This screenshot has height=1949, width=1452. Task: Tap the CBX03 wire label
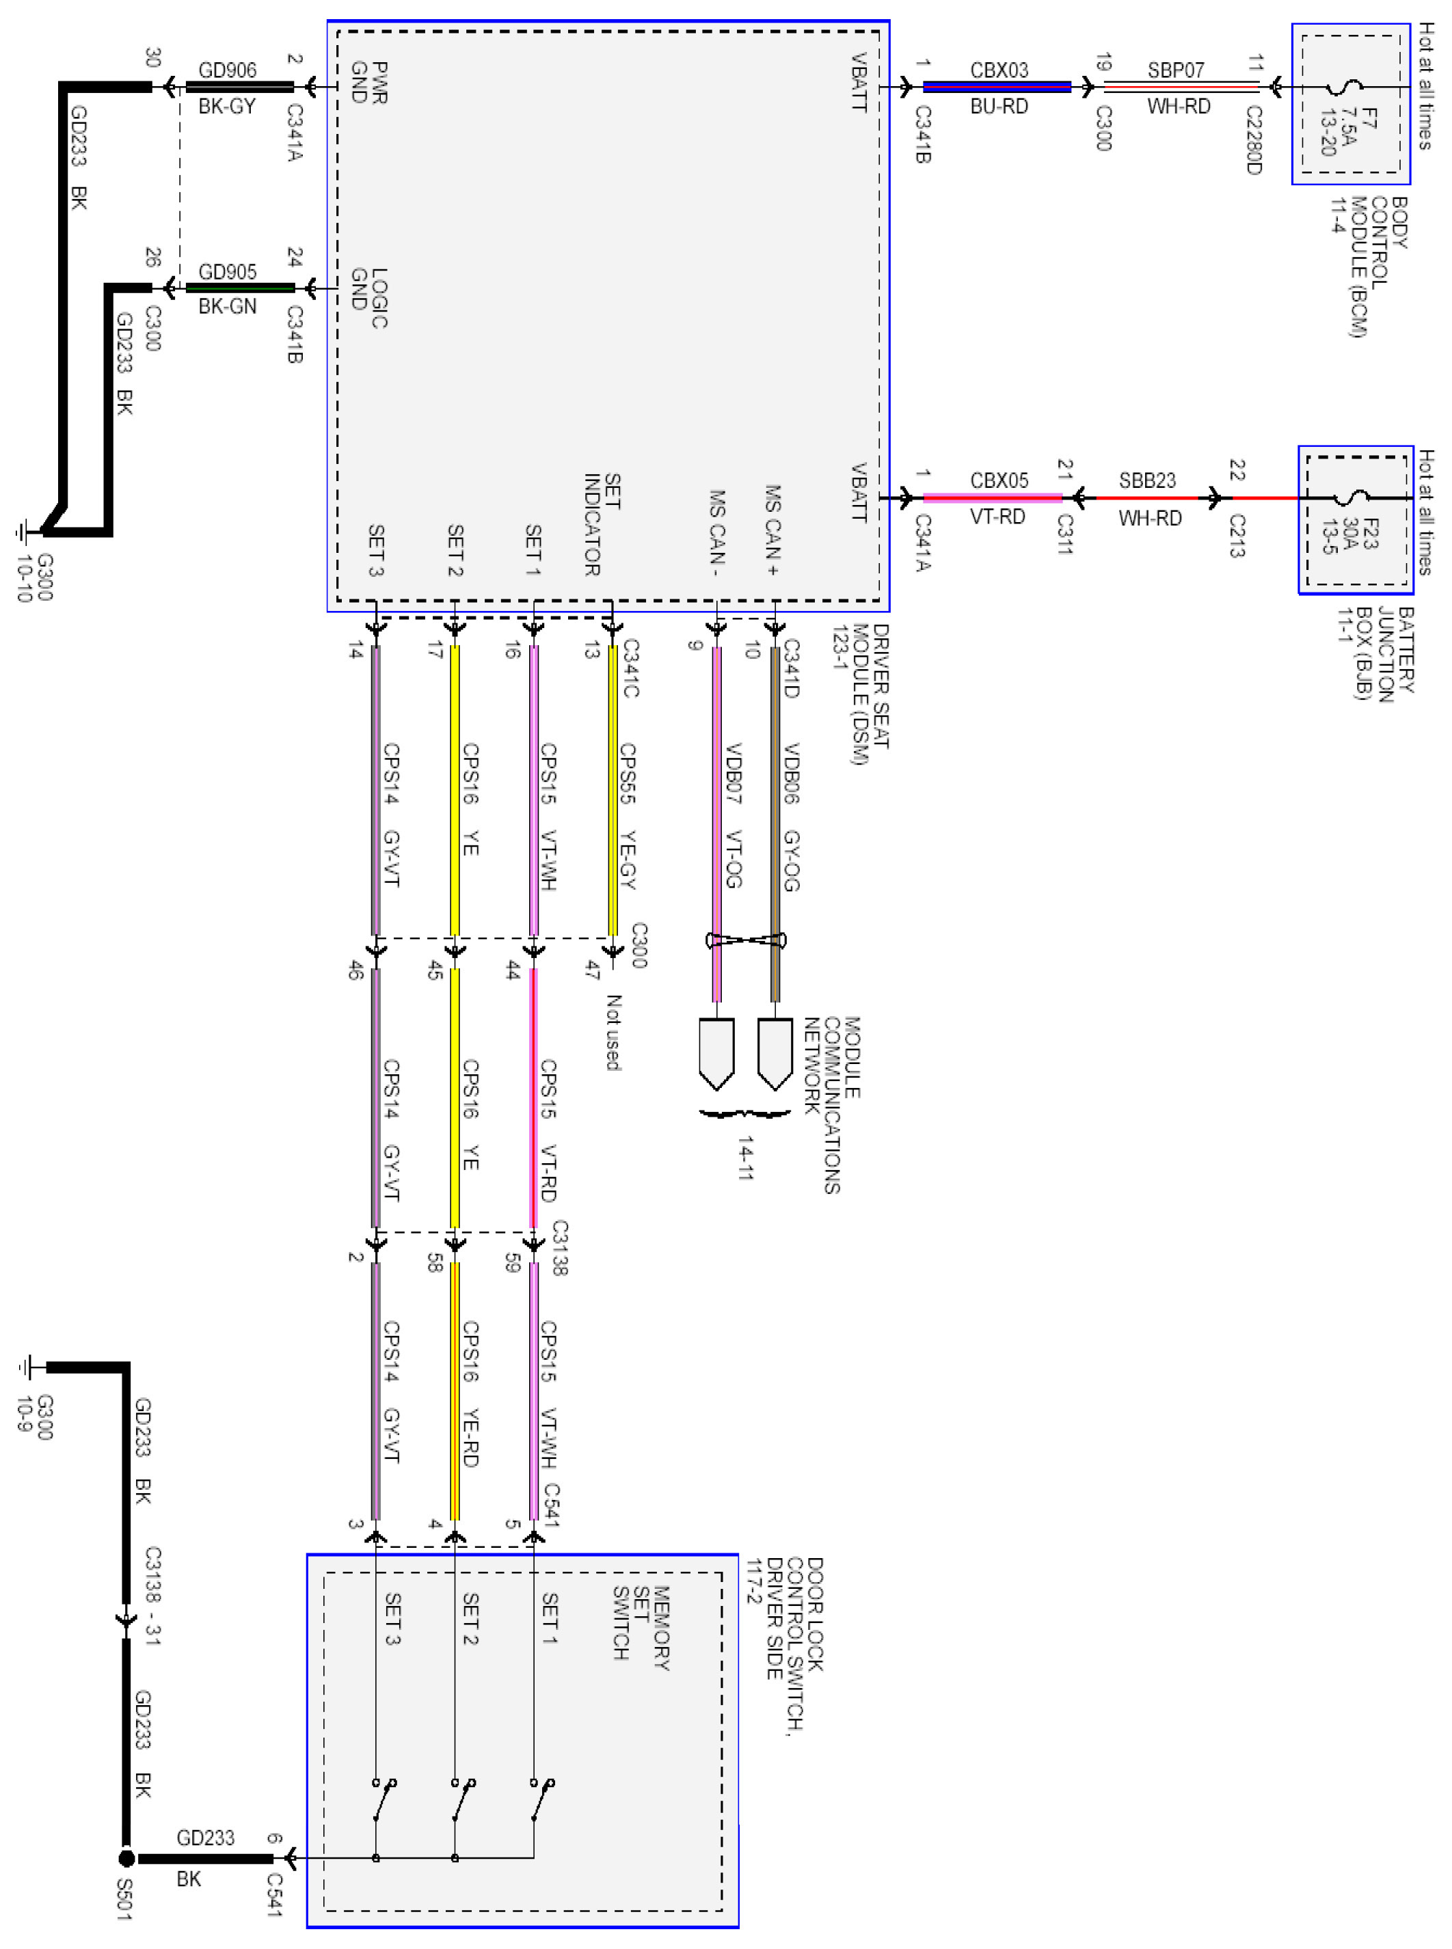tap(999, 70)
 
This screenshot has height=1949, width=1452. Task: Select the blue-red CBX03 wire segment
tap(997, 87)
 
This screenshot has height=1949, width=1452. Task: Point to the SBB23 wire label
tap(1147, 480)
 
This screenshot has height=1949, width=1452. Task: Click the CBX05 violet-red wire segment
tap(993, 498)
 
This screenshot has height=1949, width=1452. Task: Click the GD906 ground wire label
tap(228, 70)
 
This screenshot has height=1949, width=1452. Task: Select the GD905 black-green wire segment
tap(239, 287)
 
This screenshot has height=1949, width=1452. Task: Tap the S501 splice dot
tap(126, 1859)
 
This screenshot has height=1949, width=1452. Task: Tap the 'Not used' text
tap(613, 1033)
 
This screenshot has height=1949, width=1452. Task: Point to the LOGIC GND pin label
tap(369, 298)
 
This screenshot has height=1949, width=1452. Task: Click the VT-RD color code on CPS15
tap(548, 1174)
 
